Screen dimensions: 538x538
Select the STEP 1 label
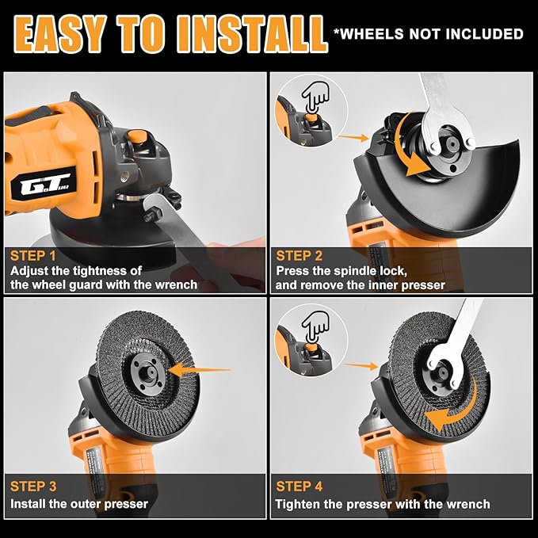pyautogui.click(x=33, y=256)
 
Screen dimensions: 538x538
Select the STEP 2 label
pyautogui.click(x=300, y=255)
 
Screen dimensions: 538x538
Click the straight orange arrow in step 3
pyautogui.click(x=198, y=368)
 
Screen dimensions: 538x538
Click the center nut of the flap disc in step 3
pyautogui.click(x=147, y=368)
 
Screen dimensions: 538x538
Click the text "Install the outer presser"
pyautogui.click(x=79, y=504)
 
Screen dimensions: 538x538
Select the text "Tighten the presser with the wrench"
pyautogui.click(x=383, y=504)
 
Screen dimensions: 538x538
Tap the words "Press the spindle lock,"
pyautogui.click(x=341, y=270)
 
